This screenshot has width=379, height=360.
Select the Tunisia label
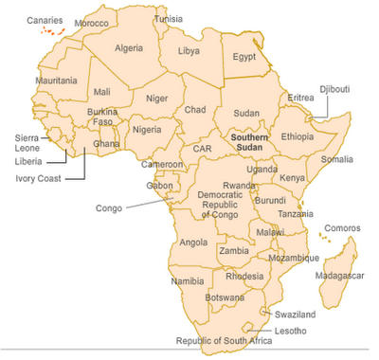pos(168,19)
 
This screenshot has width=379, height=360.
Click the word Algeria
pos(128,47)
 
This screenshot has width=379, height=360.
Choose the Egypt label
pos(244,57)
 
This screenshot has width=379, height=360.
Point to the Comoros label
pos(342,227)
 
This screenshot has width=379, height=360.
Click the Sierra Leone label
pos(27,142)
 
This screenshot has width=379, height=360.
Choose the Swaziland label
pos(295,314)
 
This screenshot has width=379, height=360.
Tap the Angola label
pos(194,243)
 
